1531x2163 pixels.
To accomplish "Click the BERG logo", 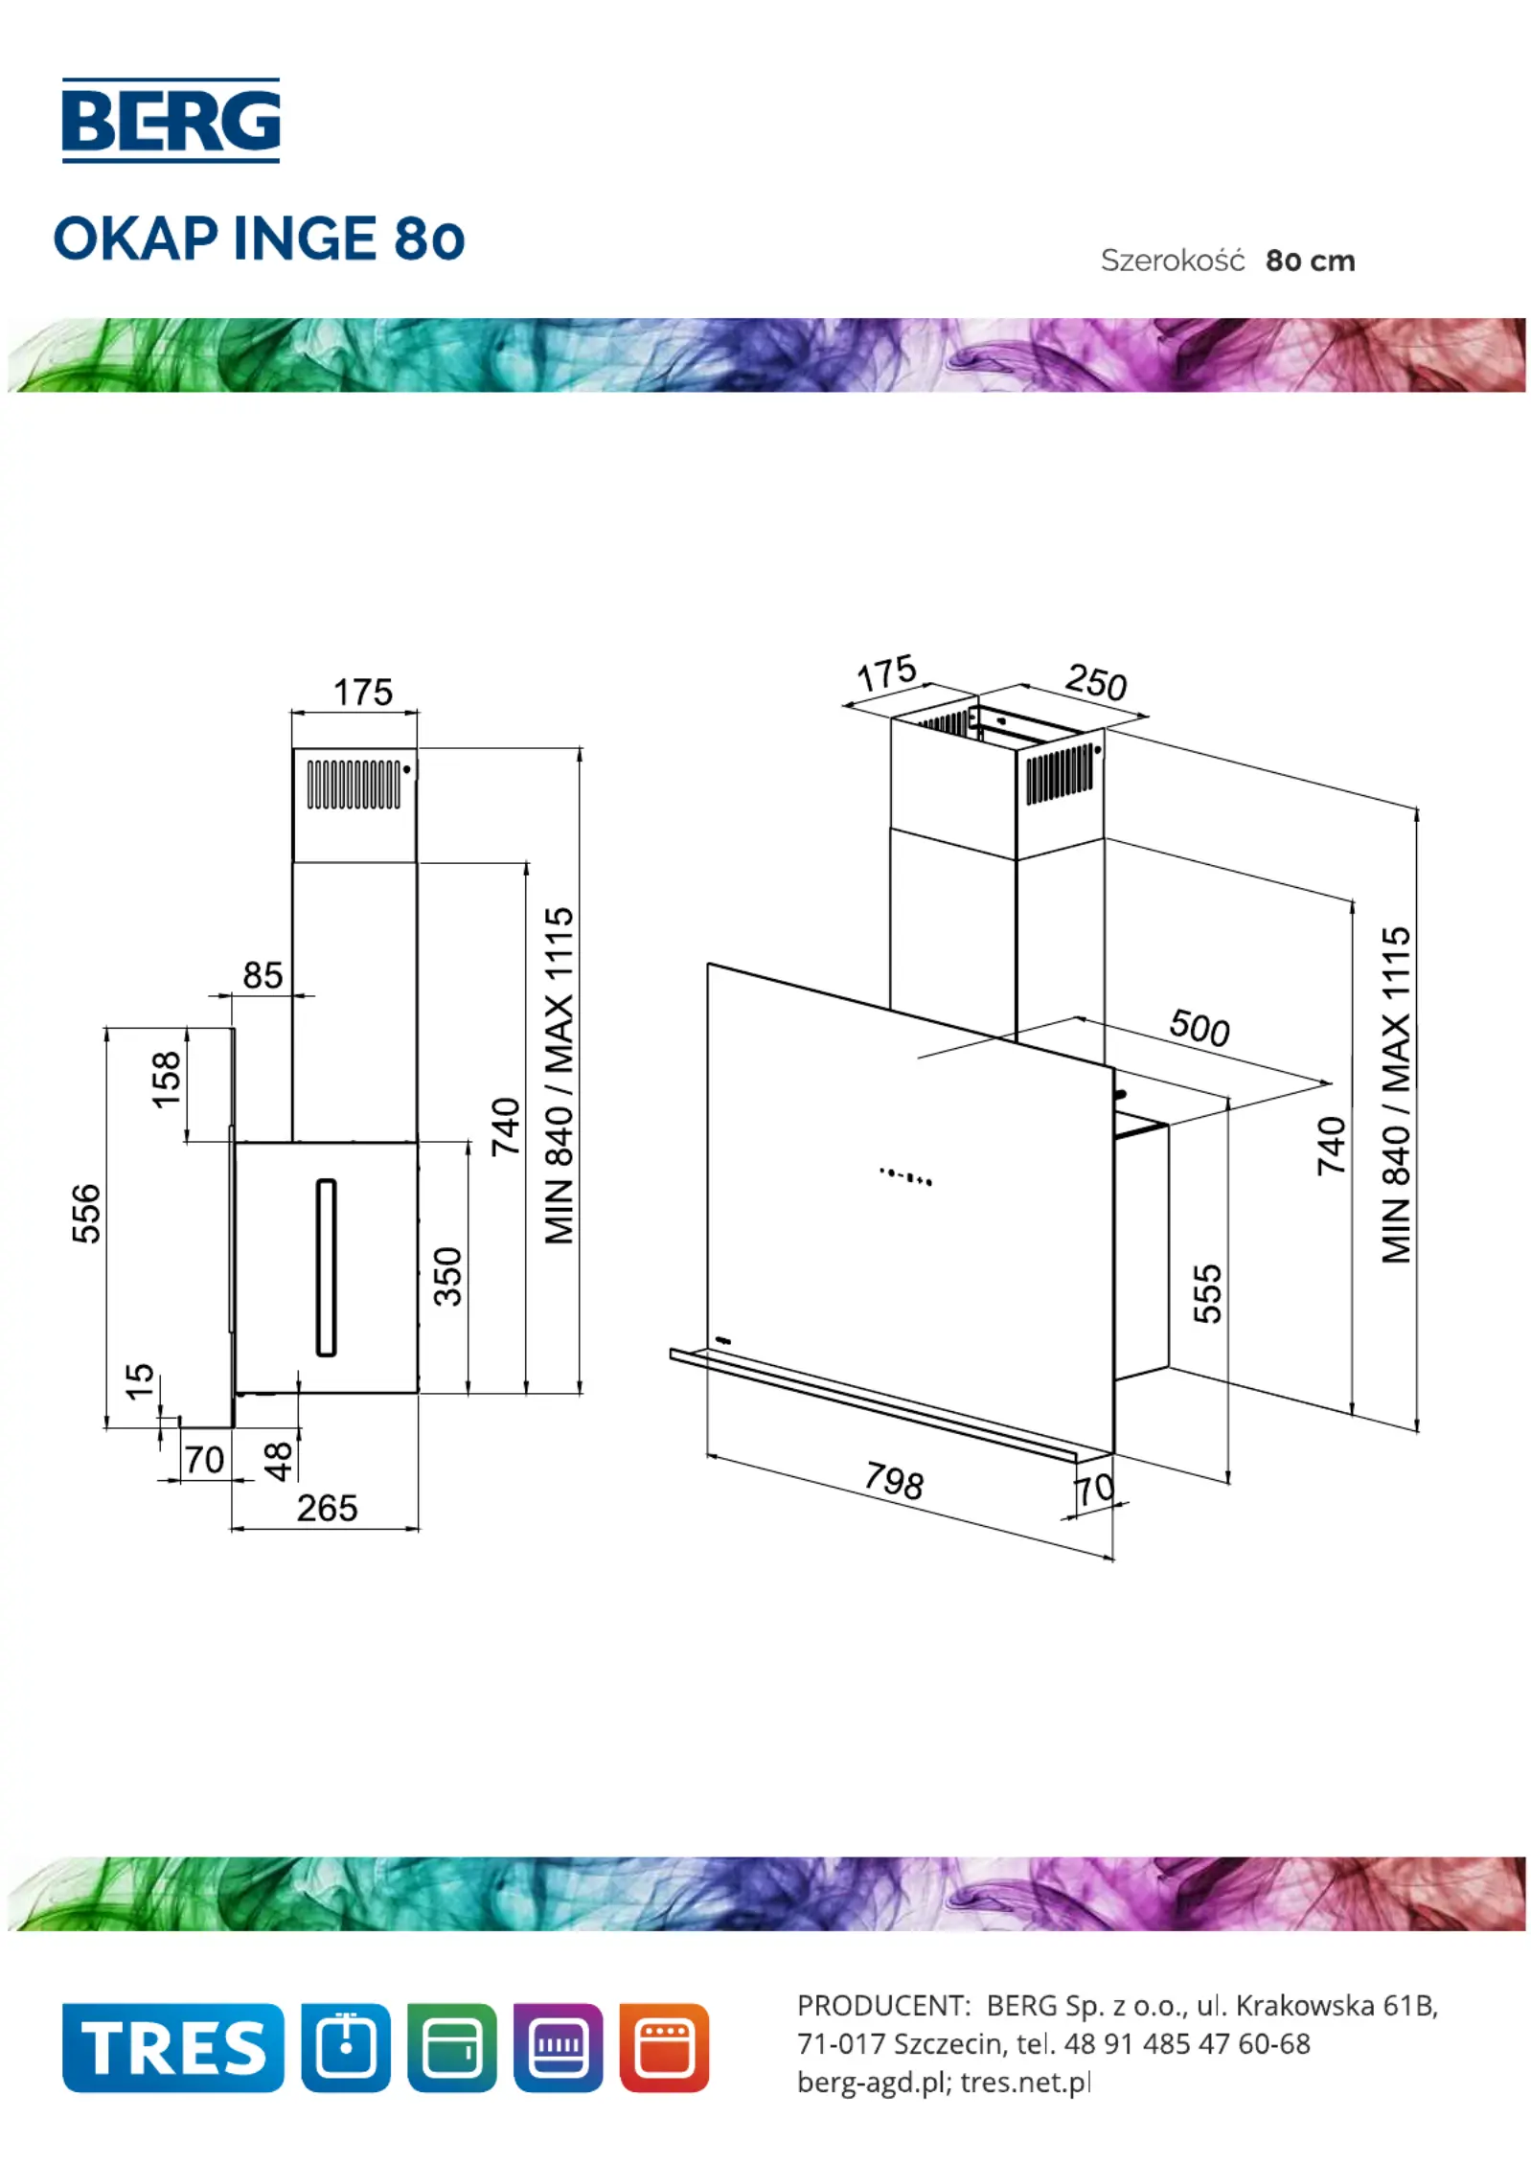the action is click(x=171, y=121).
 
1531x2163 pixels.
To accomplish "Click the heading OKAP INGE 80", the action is click(x=259, y=239).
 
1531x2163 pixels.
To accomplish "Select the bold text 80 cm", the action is click(x=1310, y=261).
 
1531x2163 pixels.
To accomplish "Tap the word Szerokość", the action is click(x=1172, y=260).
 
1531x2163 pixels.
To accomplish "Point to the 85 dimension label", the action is click(x=263, y=975).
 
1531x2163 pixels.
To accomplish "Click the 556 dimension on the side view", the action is click(x=86, y=1214).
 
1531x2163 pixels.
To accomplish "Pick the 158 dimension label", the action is click(x=167, y=1080).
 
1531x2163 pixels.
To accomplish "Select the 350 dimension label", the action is click(x=447, y=1276).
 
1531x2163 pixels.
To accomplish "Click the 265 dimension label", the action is click(x=327, y=1509).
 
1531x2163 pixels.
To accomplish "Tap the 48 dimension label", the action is click(x=278, y=1462).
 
